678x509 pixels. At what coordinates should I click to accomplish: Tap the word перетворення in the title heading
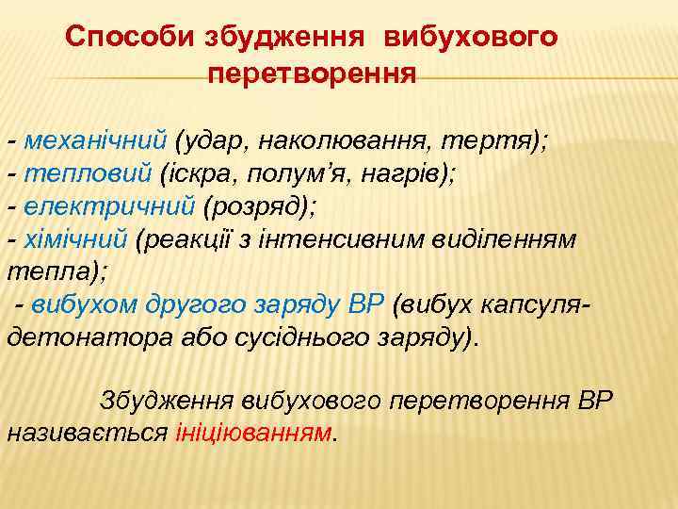coord(312,74)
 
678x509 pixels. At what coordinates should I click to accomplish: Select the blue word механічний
coord(95,141)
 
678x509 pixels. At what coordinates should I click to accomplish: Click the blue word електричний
coord(109,205)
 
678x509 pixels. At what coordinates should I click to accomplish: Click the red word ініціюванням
coord(254,433)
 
